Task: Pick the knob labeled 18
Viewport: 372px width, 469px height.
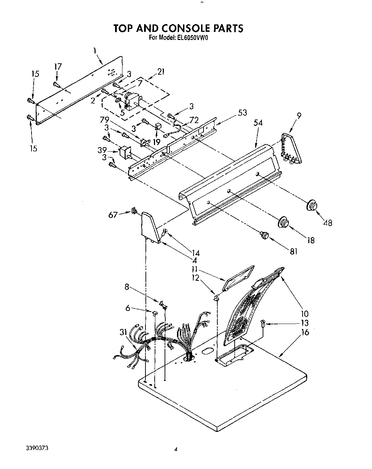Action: pos(284,222)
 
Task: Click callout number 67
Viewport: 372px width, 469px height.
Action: pos(113,215)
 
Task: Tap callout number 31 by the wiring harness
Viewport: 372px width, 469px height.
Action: pos(123,332)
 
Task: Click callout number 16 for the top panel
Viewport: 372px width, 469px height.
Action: pos(305,332)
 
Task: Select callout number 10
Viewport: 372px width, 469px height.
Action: pos(305,313)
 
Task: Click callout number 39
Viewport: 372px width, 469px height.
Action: pos(102,150)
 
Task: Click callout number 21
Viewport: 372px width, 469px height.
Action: pos(161,72)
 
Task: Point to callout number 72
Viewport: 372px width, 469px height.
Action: pos(194,120)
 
